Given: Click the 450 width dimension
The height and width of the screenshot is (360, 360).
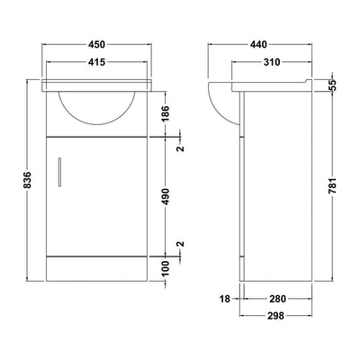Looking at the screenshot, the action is (x=96, y=44).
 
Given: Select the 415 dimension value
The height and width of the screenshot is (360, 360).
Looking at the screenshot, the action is (x=96, y=62).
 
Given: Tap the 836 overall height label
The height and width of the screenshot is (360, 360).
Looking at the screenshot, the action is (x=27, y=180).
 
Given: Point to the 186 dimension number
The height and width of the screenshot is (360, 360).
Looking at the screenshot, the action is (x=166, y=113).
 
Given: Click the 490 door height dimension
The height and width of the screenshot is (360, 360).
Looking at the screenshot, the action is (x=166, y=197).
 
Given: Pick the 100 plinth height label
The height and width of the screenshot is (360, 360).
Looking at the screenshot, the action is (x=166, y=268).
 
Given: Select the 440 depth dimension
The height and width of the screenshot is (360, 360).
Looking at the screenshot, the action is (x=258, y=44).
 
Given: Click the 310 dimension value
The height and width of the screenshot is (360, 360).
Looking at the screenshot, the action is (x=272, y=62).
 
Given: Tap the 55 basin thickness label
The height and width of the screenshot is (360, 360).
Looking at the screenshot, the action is (x=333, y=85).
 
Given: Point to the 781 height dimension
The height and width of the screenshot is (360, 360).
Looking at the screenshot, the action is (x=333, y=187).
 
